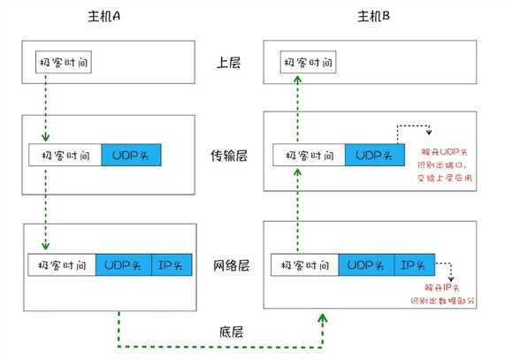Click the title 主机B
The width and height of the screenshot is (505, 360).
point(373,17)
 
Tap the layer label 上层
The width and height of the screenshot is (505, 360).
point(229,64)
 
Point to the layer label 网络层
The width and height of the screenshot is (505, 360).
point(229,265)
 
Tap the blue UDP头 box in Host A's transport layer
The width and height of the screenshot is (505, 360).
point(132,156)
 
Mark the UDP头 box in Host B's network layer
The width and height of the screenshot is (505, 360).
point(365,264)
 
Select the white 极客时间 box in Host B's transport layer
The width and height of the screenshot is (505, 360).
point(308,156)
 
